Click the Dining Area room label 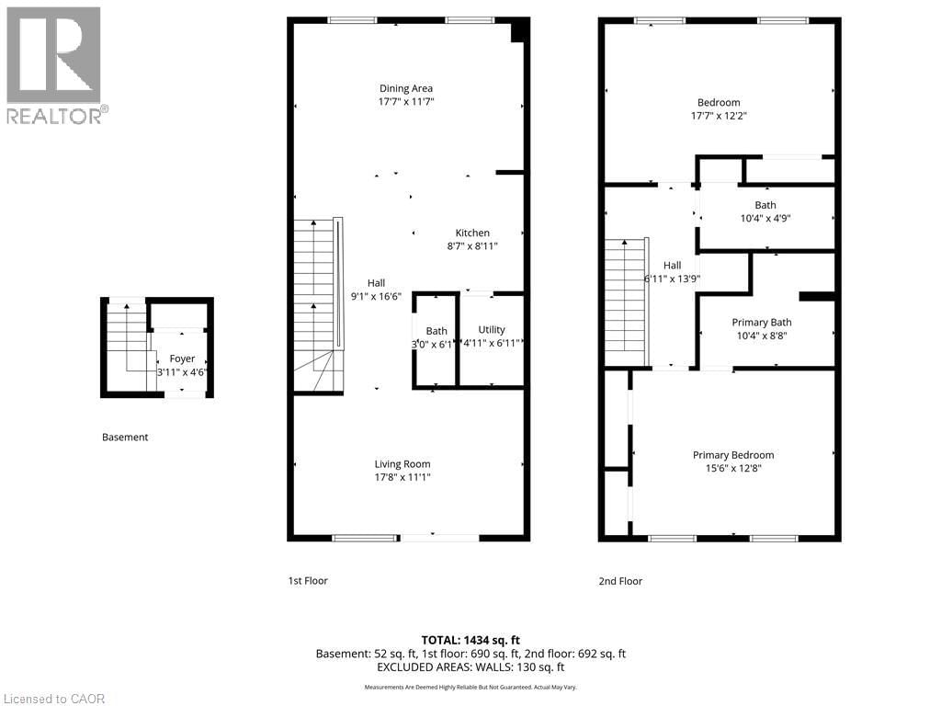coord(405,88)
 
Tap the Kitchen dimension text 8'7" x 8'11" coord(472,246)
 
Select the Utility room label coord(492,329)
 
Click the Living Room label coord(402,464)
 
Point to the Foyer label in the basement coord(182,359)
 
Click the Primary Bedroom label coord(732,455)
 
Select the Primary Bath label coord(761,323)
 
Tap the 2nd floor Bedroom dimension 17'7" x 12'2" coord(718,116)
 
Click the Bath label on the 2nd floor coord(765,205)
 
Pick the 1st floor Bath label coord(436,331)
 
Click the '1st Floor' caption coord(307,581)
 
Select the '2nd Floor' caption coord(620,581)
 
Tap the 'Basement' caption coord(124,438)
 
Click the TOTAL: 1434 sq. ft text coord(470,639)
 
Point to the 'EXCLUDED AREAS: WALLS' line coord(470,667)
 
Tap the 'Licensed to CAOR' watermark coord(54,699)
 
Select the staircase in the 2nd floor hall coord(625,299)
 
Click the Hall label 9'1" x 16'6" coord(376,290)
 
